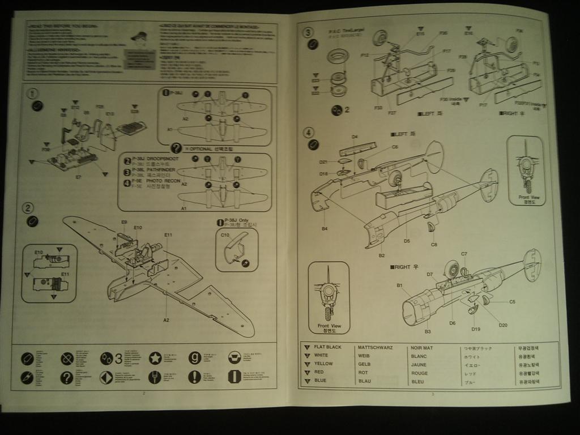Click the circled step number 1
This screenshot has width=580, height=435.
[32, 93]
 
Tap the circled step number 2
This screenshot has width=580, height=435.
[28, 208]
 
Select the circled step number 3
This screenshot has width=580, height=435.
[308, 32]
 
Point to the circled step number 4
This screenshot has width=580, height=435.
[308, 133]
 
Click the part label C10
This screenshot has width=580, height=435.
[224, 234]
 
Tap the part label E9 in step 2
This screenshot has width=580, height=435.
[124, 222]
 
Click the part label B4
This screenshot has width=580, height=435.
[325, 229]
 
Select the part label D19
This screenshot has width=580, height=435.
[475, 329]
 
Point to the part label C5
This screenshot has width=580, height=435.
[512, 302]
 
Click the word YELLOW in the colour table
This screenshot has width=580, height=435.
[323, 364]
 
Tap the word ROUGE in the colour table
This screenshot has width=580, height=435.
[419, 373]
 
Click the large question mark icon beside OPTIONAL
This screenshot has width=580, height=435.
[176, 148]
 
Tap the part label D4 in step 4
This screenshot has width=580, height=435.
[354, 137]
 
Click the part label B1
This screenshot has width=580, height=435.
[399, 285]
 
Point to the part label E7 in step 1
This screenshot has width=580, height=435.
[78, 177]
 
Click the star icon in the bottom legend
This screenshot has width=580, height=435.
[155, 358]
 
